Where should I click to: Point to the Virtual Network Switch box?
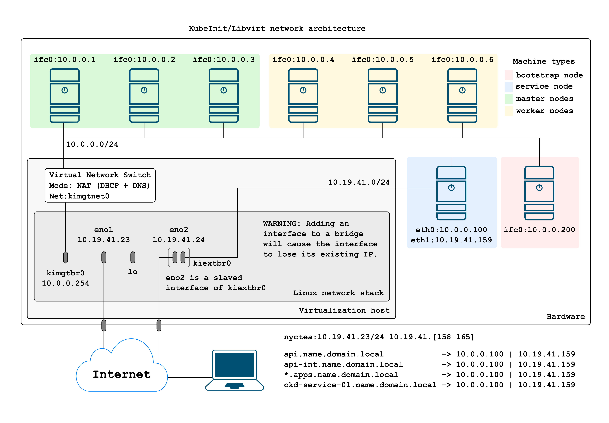click(x=100, y=185)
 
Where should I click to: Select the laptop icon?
click(x=234, y=370)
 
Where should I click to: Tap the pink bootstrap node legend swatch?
click(x=508, y=75)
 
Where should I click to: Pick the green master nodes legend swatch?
click(x=508, y=99)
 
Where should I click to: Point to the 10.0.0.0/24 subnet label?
click(x=92, y=144)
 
